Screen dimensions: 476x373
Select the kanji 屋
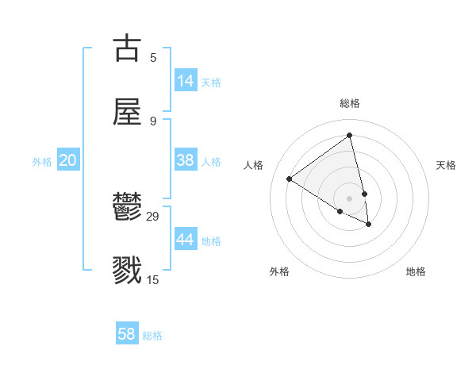click(128, 112)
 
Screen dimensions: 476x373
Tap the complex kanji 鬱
click(128, 208)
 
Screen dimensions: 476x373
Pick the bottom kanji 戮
click(128, 271)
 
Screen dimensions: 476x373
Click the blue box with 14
click(186, 81)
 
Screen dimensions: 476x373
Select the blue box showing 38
click(186, 160)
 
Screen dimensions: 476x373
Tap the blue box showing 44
click(186, 240)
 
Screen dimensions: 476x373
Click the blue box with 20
click(67, 160)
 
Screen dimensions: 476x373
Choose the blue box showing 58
click(127, 334)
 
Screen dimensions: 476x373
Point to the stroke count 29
click(153, 216)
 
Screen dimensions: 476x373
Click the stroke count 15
click(153, 279)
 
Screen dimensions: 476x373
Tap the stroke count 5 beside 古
click(153, 57)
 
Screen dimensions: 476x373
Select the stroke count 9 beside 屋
click(153, 121)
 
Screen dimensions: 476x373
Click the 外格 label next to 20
click(42, 162)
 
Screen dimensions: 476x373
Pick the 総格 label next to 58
click(152, 336)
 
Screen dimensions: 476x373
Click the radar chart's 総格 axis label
click(350, 103)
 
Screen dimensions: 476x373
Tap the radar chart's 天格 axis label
click(447, 165)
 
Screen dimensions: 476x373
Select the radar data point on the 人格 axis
click(290, 179)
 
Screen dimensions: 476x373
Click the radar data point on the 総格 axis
click(349, 136)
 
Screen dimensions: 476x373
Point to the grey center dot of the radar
click(349, 198)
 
